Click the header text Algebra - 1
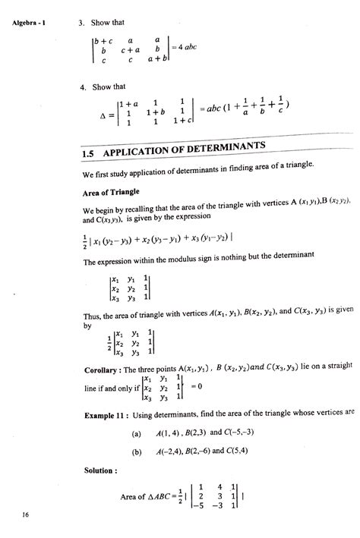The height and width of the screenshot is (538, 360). coord(30,21)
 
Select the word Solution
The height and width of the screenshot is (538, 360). coord(100,470)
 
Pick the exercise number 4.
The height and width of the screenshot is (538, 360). coord(81,87)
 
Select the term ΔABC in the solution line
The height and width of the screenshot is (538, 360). coord(160,497)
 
